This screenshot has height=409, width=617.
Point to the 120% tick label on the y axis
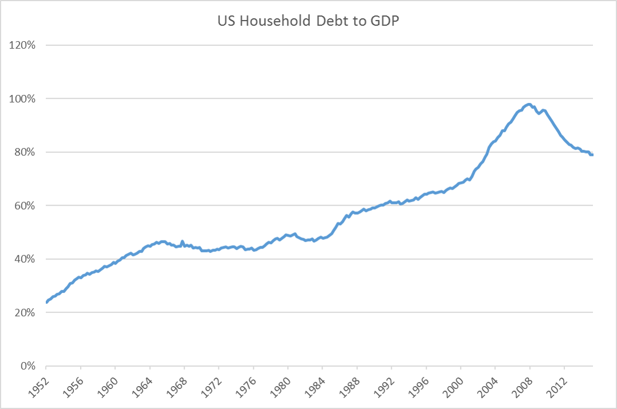(23, 45)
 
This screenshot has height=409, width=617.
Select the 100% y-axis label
(23, 99)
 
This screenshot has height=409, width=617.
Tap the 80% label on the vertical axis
(26, 152)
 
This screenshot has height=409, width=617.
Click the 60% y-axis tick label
(26, 206)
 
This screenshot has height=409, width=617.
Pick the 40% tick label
(26, 259)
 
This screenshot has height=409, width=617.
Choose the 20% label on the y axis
(26, 313)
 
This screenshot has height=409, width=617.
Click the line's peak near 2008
(529, 104)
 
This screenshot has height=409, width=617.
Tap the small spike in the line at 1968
(182, 242)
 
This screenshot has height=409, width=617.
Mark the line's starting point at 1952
(46, 302)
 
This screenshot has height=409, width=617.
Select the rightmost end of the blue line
(592, 155)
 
